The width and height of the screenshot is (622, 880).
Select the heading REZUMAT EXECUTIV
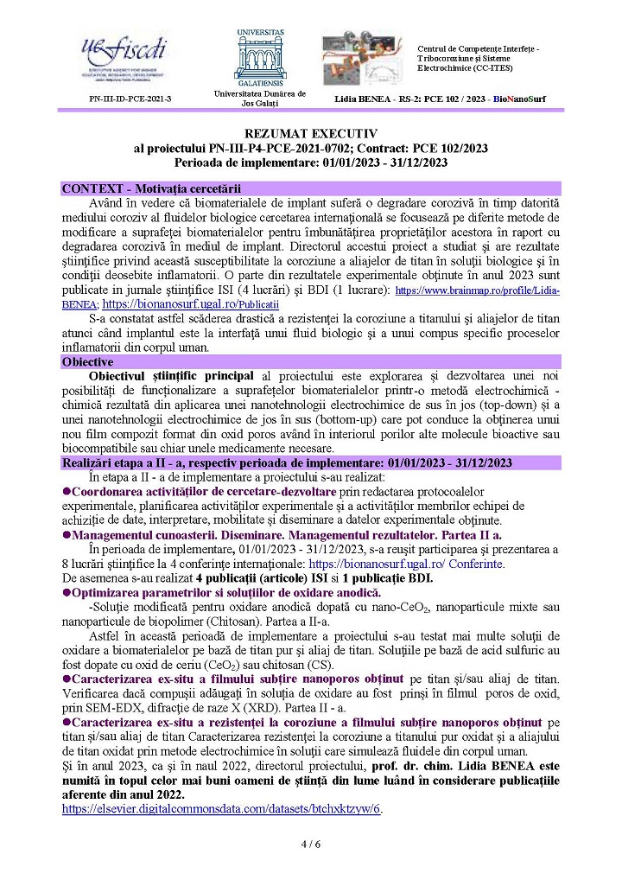click(x=311, y=135)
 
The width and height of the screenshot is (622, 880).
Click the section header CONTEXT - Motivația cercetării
click(x=151, y=188)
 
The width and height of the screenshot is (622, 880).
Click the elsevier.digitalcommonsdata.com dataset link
click(x=222, y=808)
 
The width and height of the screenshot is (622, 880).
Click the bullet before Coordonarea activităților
click(x=67, y=491)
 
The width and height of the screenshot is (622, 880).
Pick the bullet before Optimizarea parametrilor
click(x=67, y=591)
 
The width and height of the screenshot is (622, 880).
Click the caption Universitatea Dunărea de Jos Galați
click(x=259, y=99)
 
